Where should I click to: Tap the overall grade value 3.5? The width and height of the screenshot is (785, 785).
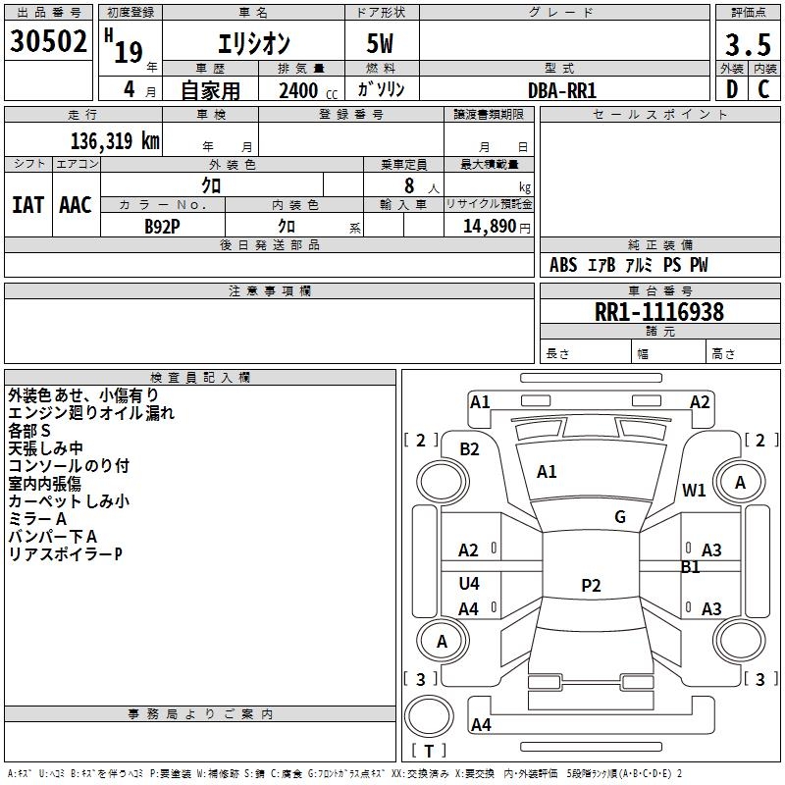click(746, 44)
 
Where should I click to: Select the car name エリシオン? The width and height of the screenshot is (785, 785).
click(252, 44)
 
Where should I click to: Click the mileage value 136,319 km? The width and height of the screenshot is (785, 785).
click(115, 140)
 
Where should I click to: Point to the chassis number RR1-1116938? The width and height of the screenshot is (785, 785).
click(659, 313)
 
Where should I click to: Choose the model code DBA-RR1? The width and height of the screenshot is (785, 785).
click(562, 90)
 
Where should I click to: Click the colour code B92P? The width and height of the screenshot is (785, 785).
click(163, 225)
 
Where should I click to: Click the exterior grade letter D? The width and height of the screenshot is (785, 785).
click(731, 89)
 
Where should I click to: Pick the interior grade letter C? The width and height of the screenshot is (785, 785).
click(763, 89)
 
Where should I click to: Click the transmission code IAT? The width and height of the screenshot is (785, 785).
click(27, 205)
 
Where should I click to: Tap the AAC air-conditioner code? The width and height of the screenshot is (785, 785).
click(76, 205)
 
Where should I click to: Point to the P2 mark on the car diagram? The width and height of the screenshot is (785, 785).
click(591, 586)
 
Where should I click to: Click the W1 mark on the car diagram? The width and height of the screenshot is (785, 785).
click(695, 491)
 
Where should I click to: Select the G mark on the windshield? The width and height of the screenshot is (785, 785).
click(620, 517)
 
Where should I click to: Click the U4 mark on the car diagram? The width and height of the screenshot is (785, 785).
click(469, 584)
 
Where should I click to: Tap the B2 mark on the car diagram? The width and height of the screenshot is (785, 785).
click(469, 448)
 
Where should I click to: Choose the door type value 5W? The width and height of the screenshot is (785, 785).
click(382, 44)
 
